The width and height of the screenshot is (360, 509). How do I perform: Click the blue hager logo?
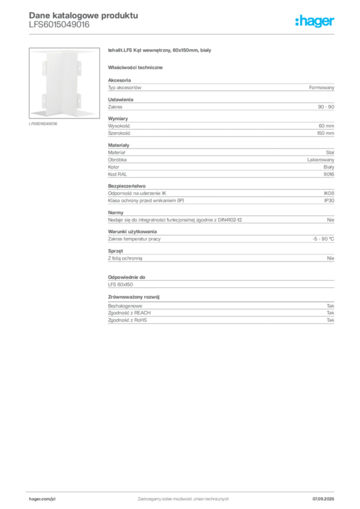tap(315, 21)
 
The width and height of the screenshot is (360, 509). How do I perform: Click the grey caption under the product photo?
tap(44, 123)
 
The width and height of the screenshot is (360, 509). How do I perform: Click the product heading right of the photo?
tap(161, 51)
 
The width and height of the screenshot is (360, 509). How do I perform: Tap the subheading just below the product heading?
tap(137, 67)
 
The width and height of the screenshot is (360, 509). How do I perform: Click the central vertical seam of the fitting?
tap(63, 82)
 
